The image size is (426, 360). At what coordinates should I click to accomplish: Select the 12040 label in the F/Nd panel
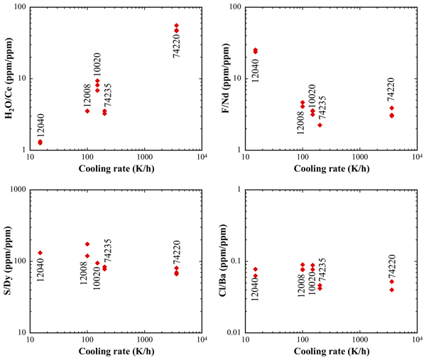tap(256, 70)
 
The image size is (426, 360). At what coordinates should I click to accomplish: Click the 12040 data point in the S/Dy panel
tap(40, 253)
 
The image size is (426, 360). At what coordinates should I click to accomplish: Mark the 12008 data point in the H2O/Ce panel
tap(87, 111)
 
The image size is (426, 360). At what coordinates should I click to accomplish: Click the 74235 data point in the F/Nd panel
tap(320, 125)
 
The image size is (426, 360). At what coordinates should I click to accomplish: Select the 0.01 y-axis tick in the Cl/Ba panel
tap(233, 333)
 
